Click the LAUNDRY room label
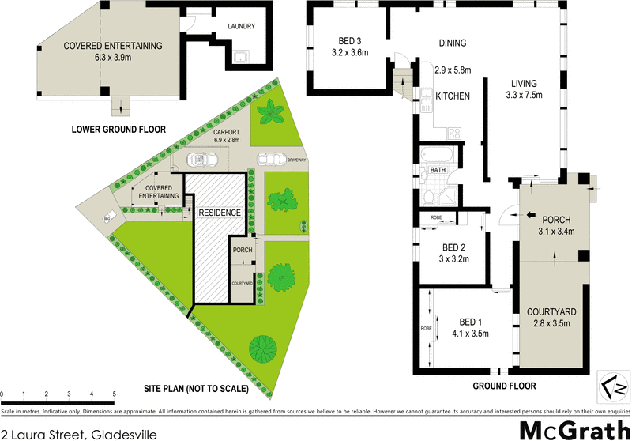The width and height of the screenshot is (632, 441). click(x=241, y=26)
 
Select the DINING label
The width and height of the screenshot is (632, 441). click(x=452, y=43)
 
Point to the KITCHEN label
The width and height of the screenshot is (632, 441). click(x=453, y=96)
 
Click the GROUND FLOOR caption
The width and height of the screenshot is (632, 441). click(x=504, y=386)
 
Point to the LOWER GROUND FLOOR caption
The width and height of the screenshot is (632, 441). click(x=118, y=128)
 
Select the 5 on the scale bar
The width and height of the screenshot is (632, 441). click(x=115, y=393)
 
